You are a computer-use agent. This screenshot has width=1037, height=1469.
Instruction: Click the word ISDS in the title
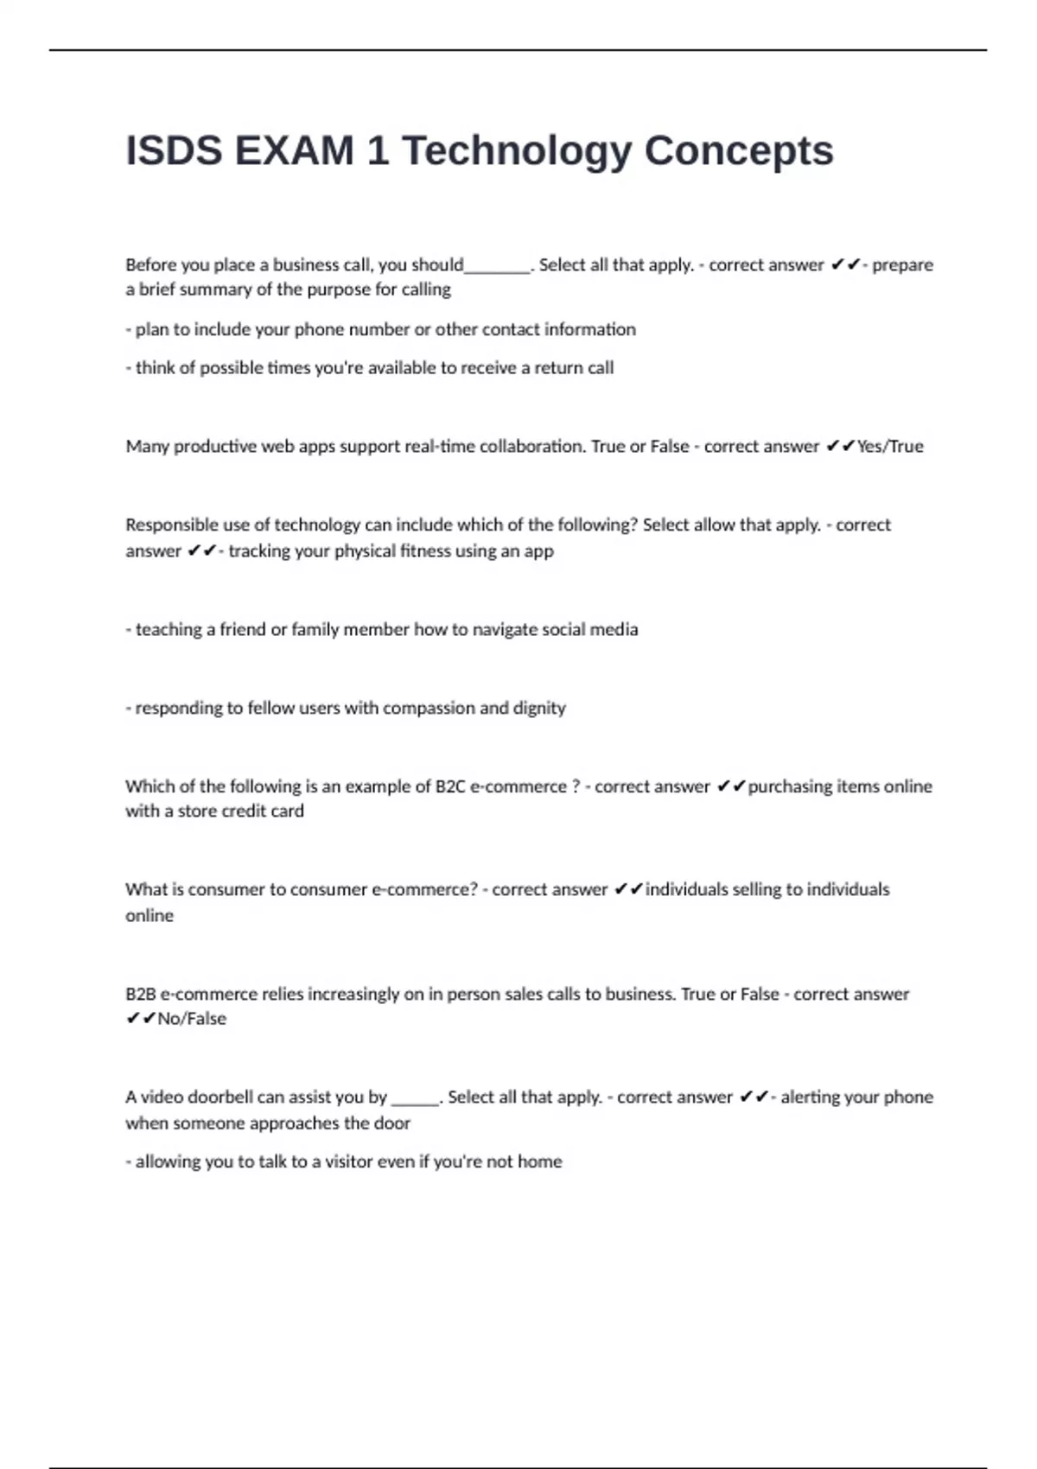[x=174, y=151]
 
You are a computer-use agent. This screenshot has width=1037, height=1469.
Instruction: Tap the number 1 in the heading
[x=377, y=151]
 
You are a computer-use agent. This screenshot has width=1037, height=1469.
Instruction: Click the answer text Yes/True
[x=890, y=447]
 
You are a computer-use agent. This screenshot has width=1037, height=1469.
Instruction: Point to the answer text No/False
[x=192, y=1019]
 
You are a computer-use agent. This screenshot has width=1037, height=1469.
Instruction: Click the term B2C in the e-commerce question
[x=449, y=786]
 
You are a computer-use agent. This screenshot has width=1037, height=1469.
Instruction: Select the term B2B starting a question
[x=140, y=994]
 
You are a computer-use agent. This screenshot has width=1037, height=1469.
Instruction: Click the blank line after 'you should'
[x=497, y=266]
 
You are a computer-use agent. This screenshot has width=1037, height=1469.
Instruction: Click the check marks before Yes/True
[x=840, y=447]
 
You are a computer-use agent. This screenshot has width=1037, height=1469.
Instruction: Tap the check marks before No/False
[x=141, y=1019]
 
